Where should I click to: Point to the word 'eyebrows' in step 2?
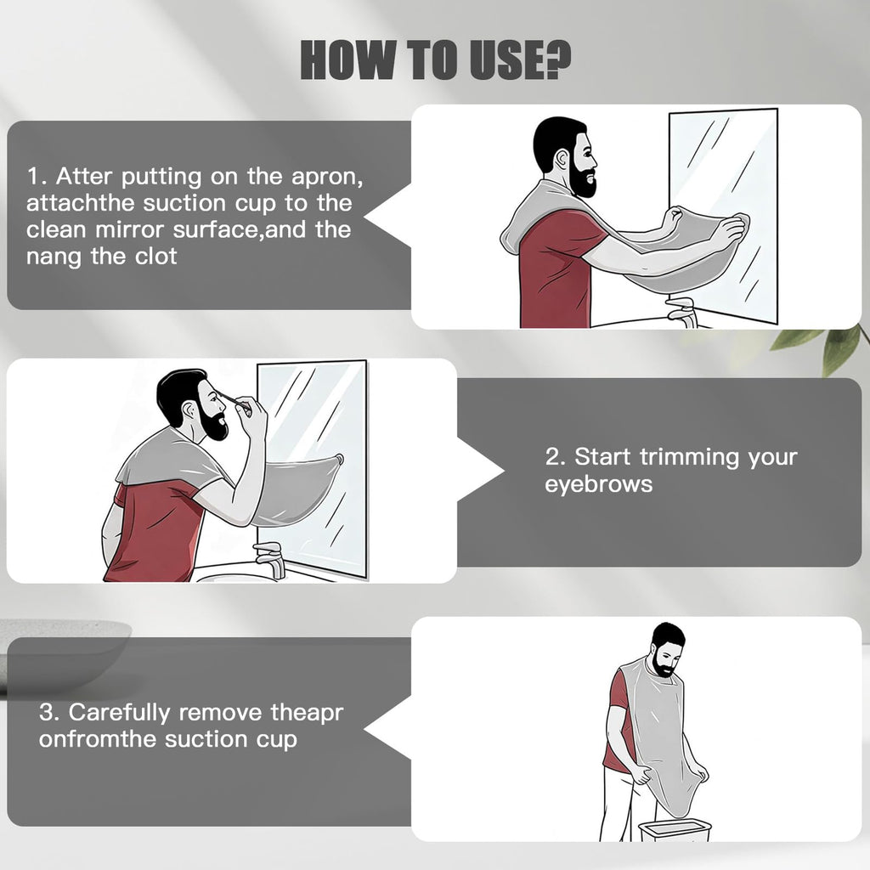pyautogui.click(x=598, y=484)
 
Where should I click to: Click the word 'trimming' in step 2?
pyautogui.click(x=690, y=458)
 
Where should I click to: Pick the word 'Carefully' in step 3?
pyautogui.click(x=119, y=713)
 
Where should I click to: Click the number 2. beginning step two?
pyautogui.click(x=556, y=457)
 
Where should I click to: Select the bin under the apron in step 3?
pyautogui.click(x=675, y=830)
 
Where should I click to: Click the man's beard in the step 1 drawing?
pyautogui.click(x=583, y=178)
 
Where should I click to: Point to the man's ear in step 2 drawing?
pyautogui.click(x=189, y=410)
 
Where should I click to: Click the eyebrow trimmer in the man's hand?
pyautogui.click(x=234, y=401)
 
